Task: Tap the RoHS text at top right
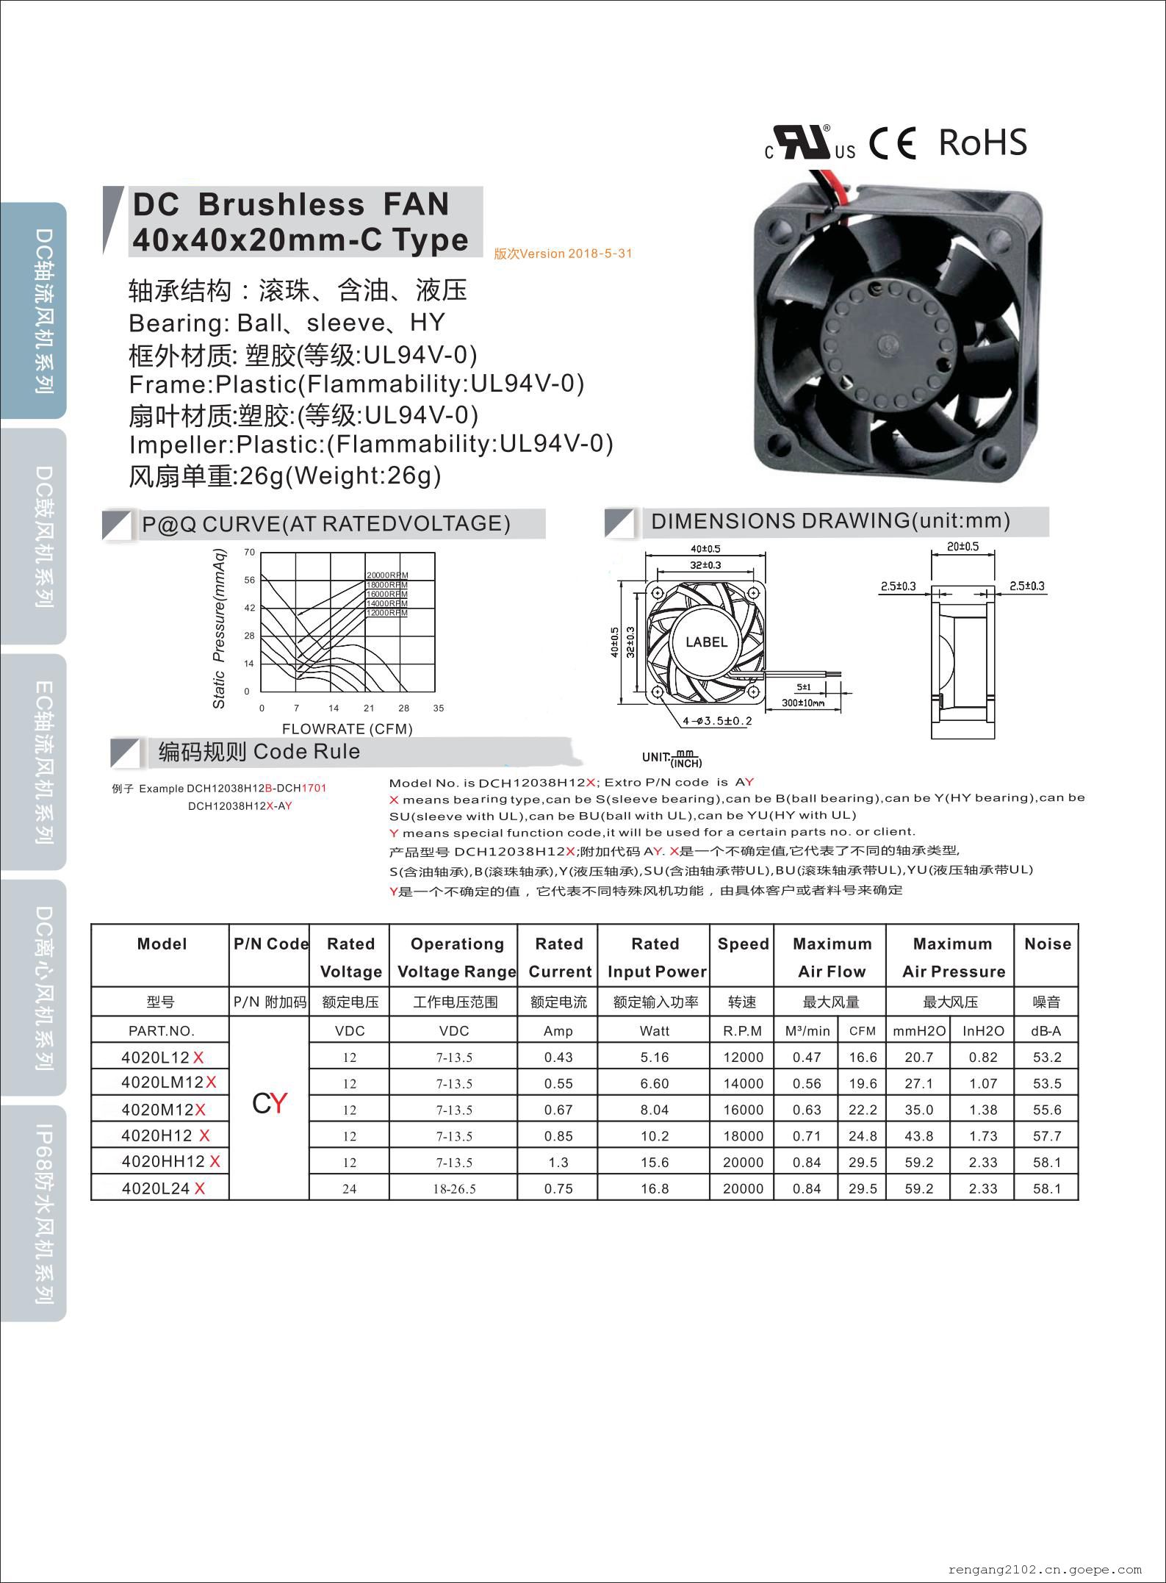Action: tap(982, 143)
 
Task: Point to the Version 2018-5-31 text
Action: tap(563, 254)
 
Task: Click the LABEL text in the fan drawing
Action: tap(706, 642)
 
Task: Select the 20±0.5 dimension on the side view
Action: tap(962, 547)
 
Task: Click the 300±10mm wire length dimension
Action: tap(803, 703)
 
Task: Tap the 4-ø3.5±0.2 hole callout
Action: tap(717, 721)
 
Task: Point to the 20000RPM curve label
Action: tap(387, 575)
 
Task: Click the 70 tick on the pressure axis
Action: tap(250, 552)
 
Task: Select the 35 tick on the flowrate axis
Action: tap(439, 708)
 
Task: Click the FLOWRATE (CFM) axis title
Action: tap(348, 729)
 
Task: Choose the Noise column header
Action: tap(1047, 944)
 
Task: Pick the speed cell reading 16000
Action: tap(743, 1110)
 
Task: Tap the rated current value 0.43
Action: tap(558, 1058)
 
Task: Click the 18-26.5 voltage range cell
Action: tap(454, 1188)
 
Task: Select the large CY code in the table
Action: tap(270, 1103)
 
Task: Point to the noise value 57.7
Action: tap(1046, 1136)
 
